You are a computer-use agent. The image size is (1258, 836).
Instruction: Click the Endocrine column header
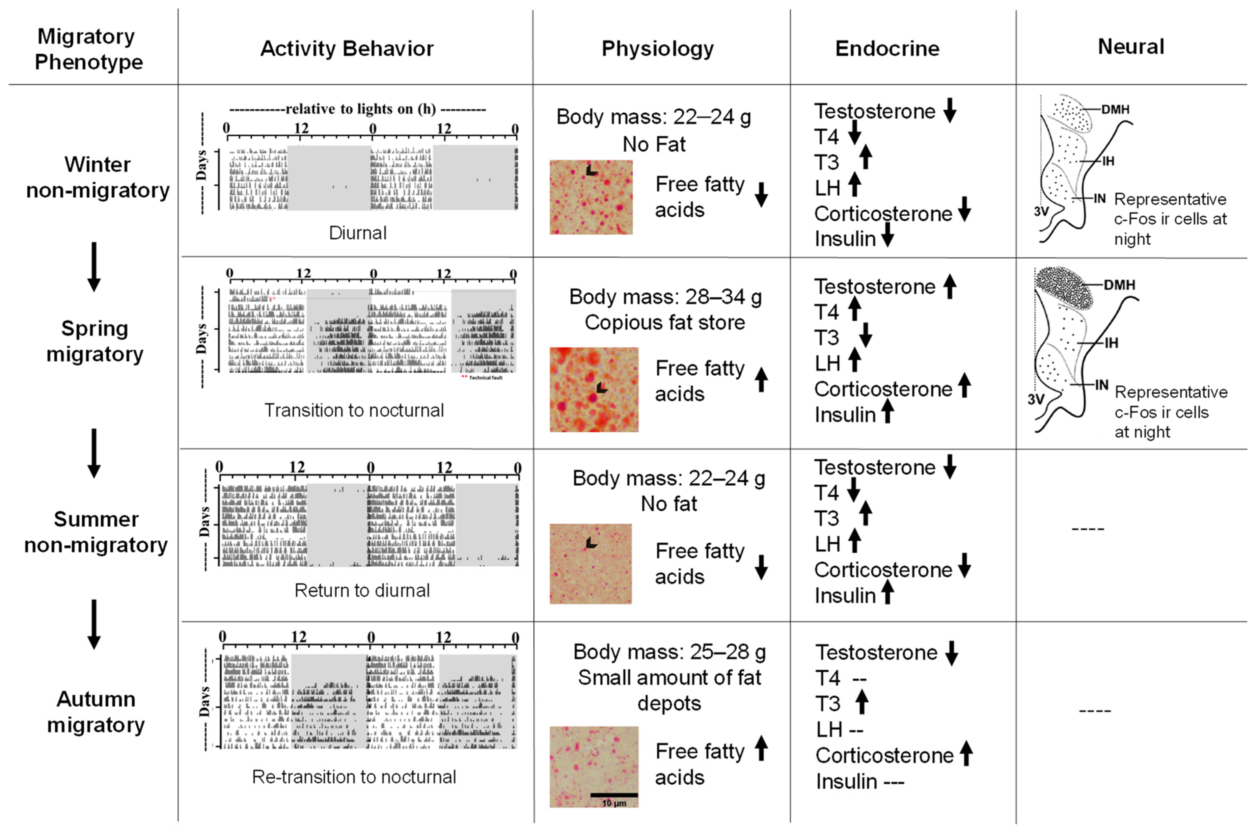pos(887,49)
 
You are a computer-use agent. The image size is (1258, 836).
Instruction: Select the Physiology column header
pos(657,49)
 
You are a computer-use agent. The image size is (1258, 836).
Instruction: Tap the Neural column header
pos(1130,47)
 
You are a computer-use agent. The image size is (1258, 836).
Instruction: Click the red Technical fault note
pos(483,377)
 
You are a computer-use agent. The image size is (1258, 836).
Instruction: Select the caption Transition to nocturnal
pos(354,410)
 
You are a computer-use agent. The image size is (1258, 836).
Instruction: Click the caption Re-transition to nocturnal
pos(354,777)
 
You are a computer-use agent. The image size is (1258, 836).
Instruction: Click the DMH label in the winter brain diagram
pos(1115,109)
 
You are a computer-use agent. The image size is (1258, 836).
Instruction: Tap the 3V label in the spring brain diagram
pos(1036,399)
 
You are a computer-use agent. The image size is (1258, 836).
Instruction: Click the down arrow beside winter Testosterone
pos(949,110)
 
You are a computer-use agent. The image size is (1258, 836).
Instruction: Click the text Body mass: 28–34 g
pos(665,297)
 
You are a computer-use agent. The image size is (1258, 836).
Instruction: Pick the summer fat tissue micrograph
pos(591,564)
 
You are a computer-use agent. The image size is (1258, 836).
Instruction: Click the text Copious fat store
pos(665,323)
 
